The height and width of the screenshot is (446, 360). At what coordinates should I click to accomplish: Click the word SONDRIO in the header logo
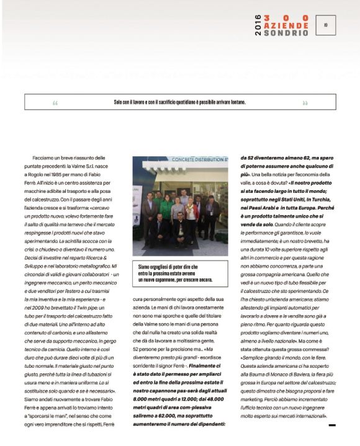(286, 32)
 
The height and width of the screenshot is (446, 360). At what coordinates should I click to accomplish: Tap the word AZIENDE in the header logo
(286, 25)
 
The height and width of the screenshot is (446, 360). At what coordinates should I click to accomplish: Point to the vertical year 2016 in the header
(258, 25)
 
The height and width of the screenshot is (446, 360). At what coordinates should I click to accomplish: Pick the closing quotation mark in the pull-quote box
(305, 103)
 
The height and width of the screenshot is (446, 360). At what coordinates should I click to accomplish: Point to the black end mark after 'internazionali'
(332, 425)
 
